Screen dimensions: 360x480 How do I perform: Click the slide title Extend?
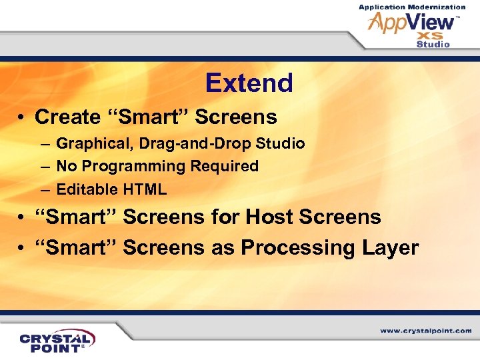(249, 83)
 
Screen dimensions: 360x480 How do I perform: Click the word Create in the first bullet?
(67, 117)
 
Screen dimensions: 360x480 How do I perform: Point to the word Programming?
(124, 166)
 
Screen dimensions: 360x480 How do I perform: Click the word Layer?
(391, 248)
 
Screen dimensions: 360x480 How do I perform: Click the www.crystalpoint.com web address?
(425, 331)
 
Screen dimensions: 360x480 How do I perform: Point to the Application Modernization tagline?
(412, 7)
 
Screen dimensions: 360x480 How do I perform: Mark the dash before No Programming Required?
(43, 166)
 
